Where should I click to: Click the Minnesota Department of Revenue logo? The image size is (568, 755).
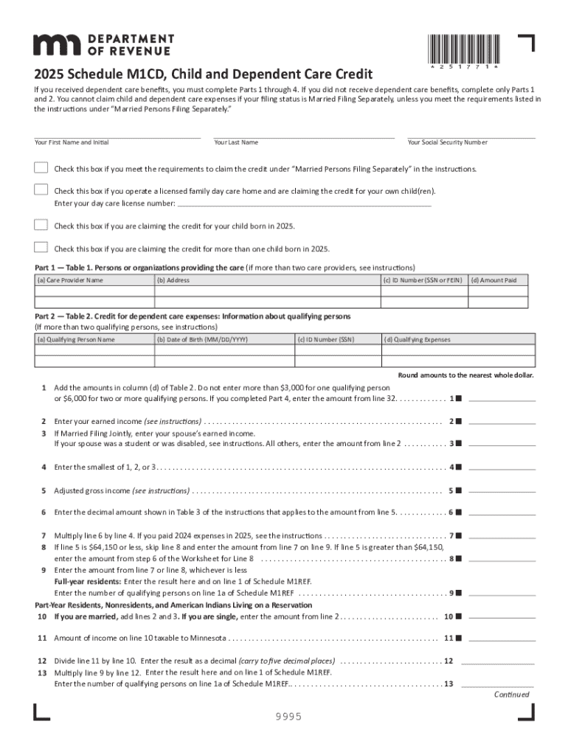(104, 44)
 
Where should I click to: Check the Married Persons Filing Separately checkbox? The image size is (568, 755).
(41, 168)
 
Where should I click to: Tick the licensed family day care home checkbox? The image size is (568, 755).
(41, 190)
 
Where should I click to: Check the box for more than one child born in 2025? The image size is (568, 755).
(41, 248)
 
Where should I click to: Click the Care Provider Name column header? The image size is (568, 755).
(71, 280)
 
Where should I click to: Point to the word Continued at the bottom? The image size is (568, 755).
(511, 695)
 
